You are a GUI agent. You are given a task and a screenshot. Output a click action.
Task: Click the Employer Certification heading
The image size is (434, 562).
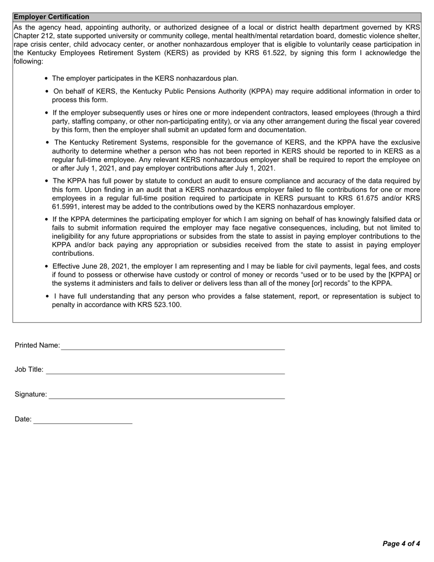click(x=51, y=17)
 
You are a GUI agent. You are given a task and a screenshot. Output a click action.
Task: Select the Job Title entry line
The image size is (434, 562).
click(x=165, y=370)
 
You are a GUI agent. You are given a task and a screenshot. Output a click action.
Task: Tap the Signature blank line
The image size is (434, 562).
click(x=166, y=395)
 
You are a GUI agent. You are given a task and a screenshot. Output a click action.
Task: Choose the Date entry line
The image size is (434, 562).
click(x=83, y=420)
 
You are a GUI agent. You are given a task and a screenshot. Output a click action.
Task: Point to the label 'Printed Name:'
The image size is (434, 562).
click(x=37, y=345)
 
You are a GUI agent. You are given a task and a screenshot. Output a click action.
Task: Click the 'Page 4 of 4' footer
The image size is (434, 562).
click(x=401, y=544)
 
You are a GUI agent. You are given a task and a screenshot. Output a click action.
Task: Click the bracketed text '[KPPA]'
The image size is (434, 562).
click(x=400, y=275)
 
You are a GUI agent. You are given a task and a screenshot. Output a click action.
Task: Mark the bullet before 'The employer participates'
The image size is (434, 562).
click(x=47, y=79)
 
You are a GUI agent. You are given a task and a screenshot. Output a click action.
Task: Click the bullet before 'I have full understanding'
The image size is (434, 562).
click(x=48, y=297)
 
